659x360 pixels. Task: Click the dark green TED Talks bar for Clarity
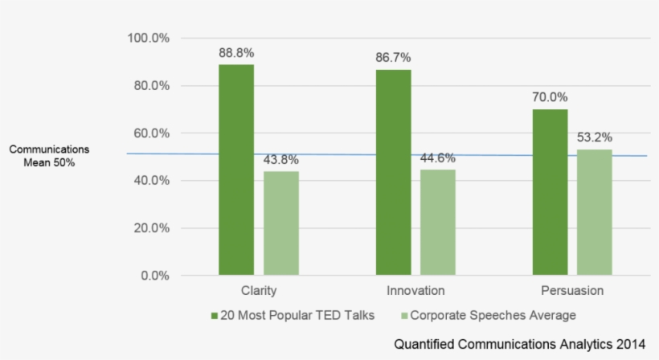[236, 170]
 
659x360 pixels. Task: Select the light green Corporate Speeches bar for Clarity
[281, 223]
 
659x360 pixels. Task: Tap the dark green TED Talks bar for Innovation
[393, 172]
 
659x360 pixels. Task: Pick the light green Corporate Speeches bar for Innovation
[438, 223]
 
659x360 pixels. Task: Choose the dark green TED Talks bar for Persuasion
[550, 192]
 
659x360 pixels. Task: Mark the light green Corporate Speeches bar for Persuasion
[595, 212]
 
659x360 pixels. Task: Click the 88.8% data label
[236, 53]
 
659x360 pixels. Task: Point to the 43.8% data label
[281, 160]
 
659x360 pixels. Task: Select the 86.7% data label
[393, 58]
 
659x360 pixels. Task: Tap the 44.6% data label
[438, 158]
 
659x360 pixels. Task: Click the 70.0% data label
[550, 97]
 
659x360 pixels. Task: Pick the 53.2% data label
[595, 137]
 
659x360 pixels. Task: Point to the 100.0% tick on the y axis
[149, 39]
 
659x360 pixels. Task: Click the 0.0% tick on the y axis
[153, 276]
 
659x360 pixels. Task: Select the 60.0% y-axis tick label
[151, 133]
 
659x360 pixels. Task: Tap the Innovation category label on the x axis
[415, 290]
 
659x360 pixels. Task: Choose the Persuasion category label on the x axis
[572, 290]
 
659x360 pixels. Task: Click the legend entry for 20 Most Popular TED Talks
[293, 315]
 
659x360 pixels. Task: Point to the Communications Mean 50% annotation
[50, 156]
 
